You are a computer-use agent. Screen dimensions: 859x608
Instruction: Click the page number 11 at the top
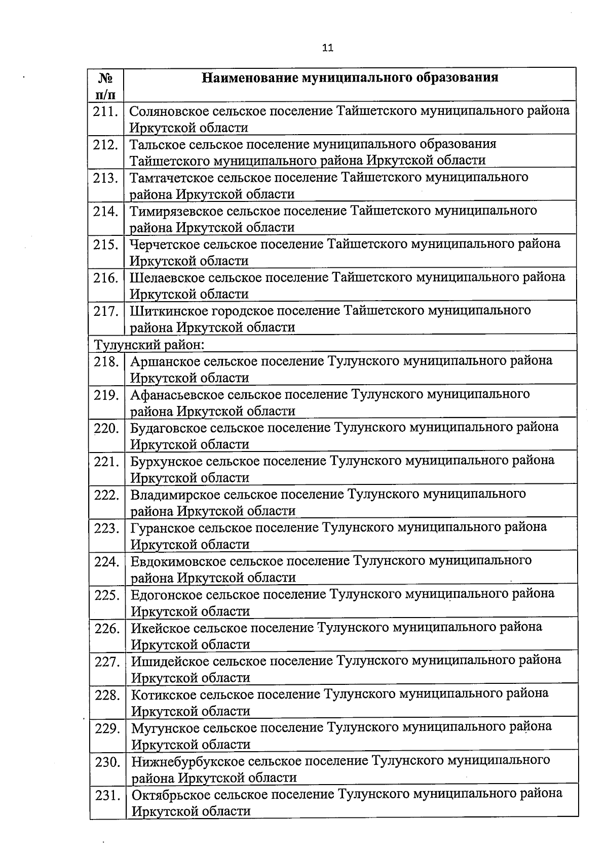click(327, 48)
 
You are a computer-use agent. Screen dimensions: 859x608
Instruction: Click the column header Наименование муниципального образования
click(350, 77)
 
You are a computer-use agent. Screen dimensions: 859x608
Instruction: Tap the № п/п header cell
click(105, 85)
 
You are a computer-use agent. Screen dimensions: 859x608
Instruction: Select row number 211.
click(105, 111)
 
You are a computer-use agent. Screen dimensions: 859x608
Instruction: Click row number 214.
click(105, 211)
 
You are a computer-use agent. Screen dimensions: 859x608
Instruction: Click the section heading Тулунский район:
click(149, 345)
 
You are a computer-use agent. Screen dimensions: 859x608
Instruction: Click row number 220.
click(106, 428)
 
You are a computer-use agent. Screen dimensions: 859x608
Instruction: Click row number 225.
click(106, 595)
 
